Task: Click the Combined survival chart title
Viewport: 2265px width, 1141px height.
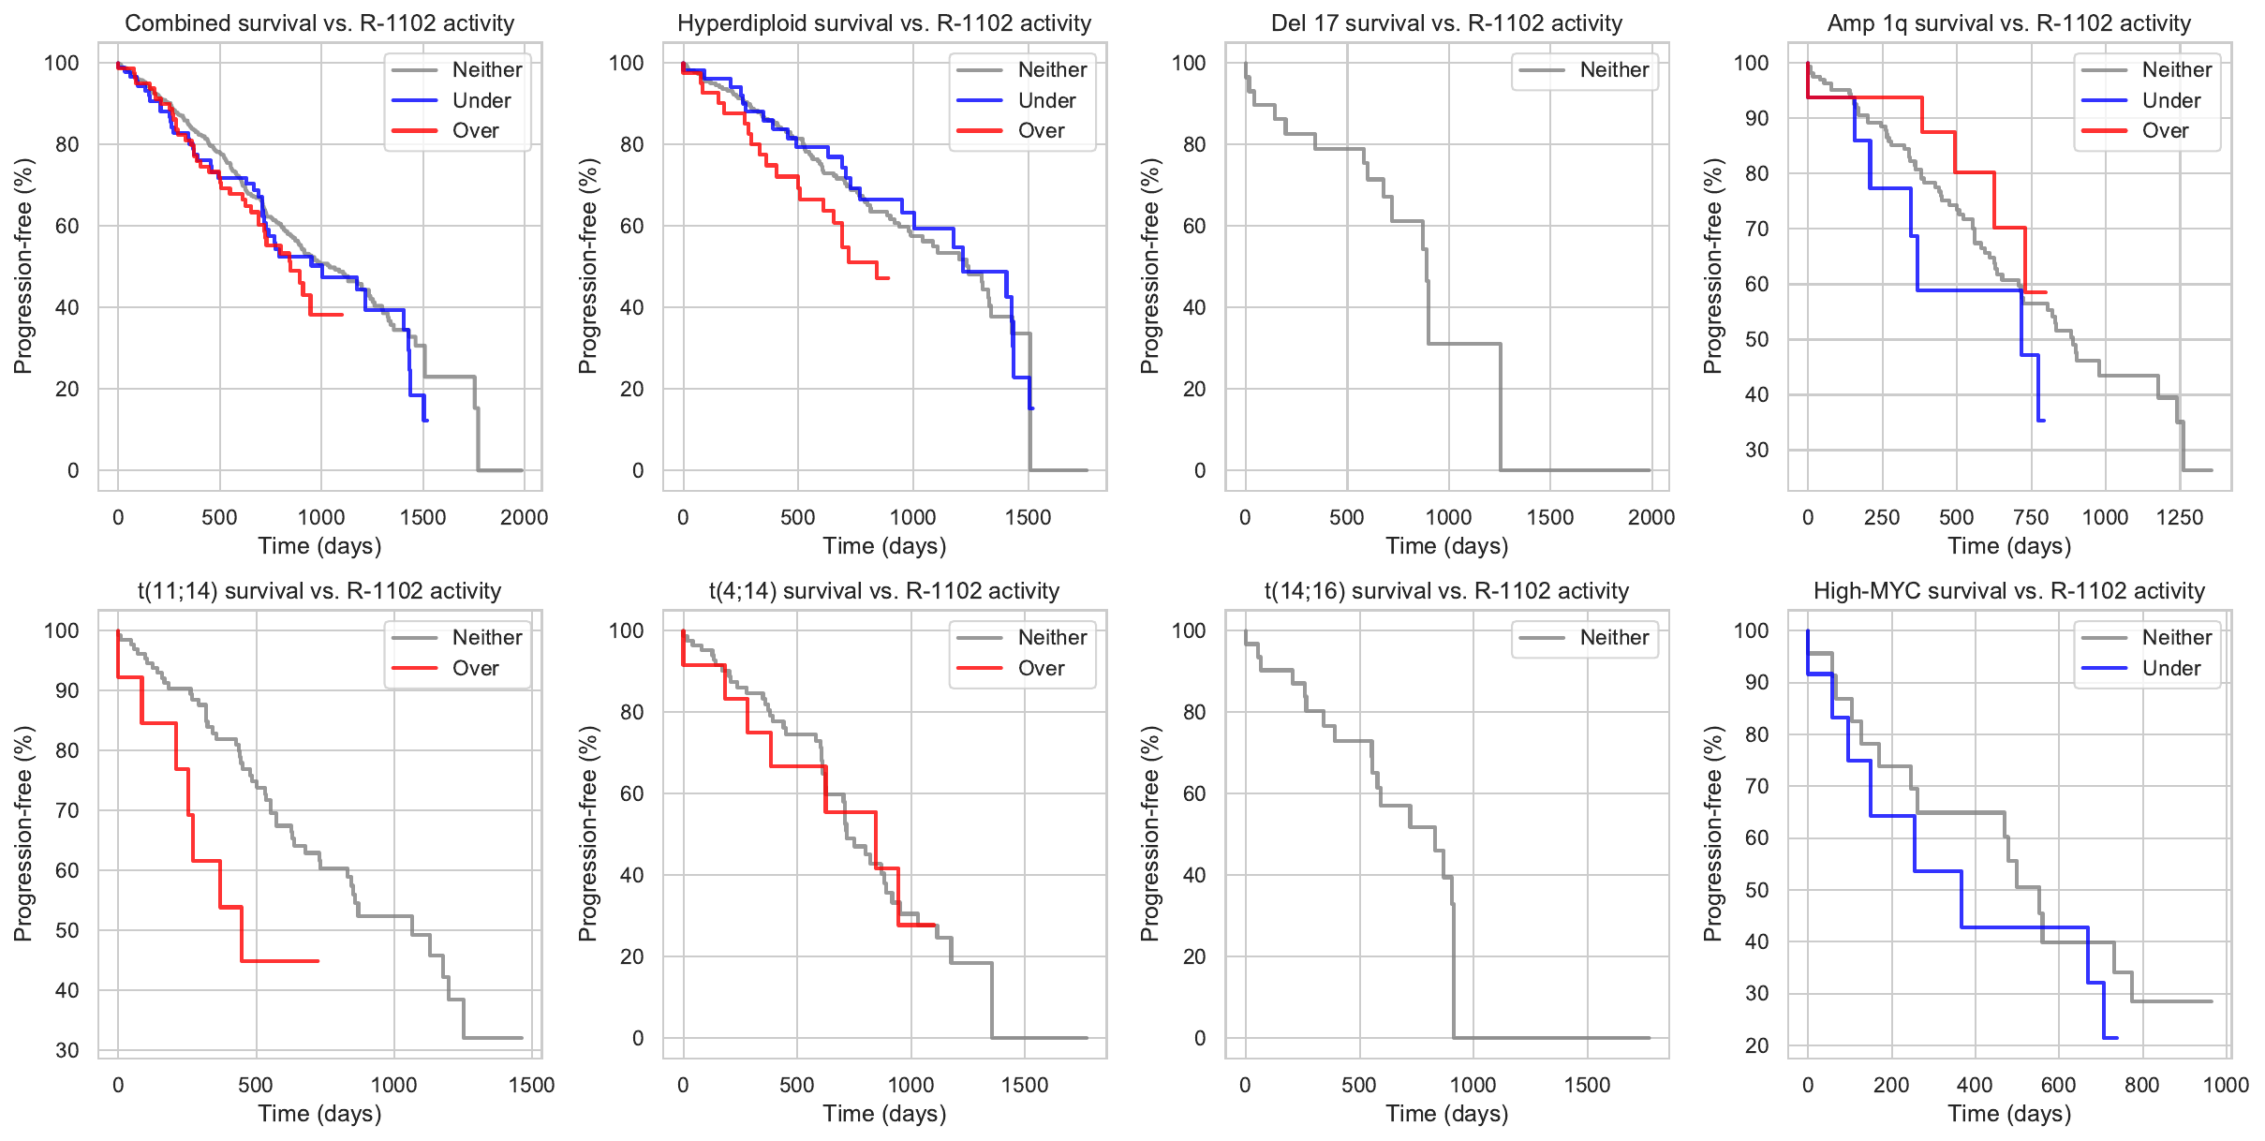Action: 319,23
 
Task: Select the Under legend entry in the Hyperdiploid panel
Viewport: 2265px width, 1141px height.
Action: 1046,100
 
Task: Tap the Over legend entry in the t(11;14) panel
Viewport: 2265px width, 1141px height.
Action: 475,668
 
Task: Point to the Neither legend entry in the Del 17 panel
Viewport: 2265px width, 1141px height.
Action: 1613,70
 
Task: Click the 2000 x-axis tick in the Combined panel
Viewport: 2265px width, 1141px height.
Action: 523,517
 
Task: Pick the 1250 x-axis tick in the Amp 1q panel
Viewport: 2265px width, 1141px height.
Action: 2179,517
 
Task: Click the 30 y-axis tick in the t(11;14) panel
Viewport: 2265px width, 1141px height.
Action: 67,1050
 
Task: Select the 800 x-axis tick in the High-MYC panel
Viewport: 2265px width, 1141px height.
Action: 2141,1085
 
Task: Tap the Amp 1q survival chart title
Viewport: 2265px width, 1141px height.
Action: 2008,23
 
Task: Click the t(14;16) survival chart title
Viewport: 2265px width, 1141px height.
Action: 1446,591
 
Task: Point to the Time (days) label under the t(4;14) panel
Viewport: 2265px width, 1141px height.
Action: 884,1114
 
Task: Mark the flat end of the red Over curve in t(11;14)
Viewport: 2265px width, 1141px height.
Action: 318,961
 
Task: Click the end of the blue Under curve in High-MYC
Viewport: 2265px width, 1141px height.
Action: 2116,1037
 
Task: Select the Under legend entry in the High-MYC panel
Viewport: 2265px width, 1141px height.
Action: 2170,668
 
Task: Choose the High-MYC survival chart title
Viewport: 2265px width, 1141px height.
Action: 2008,591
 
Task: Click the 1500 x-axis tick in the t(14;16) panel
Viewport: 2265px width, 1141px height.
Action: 1587,1085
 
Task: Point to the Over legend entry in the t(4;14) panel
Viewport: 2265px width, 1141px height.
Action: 1041,668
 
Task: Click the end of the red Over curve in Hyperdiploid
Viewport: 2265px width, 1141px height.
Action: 887,278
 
